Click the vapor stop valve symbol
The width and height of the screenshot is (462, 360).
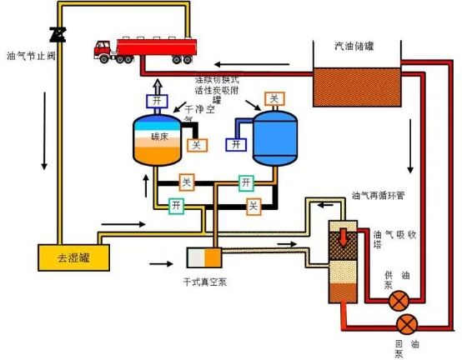[x=58, y=33]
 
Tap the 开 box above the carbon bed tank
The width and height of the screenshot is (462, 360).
[x=158, y=102]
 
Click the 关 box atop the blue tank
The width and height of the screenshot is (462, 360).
[x=273, y=98]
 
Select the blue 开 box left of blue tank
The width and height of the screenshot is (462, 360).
[x=236, y=144]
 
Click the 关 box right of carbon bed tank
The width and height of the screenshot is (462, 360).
[x=196, y=145]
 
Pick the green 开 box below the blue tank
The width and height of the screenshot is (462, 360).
[x=246, y=181]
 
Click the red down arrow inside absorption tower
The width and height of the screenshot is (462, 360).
[x=342, y=234]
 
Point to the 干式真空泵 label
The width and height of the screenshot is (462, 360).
[x=202, y=282]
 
